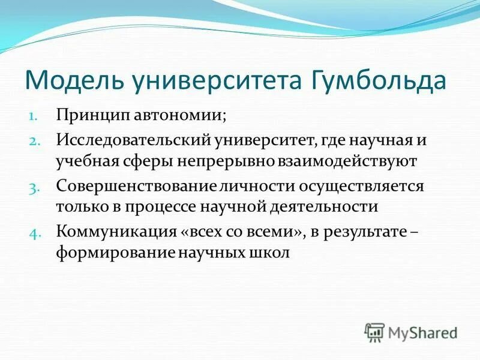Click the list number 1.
click(x=33, y=116)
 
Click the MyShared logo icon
click(x=374, y=332)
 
